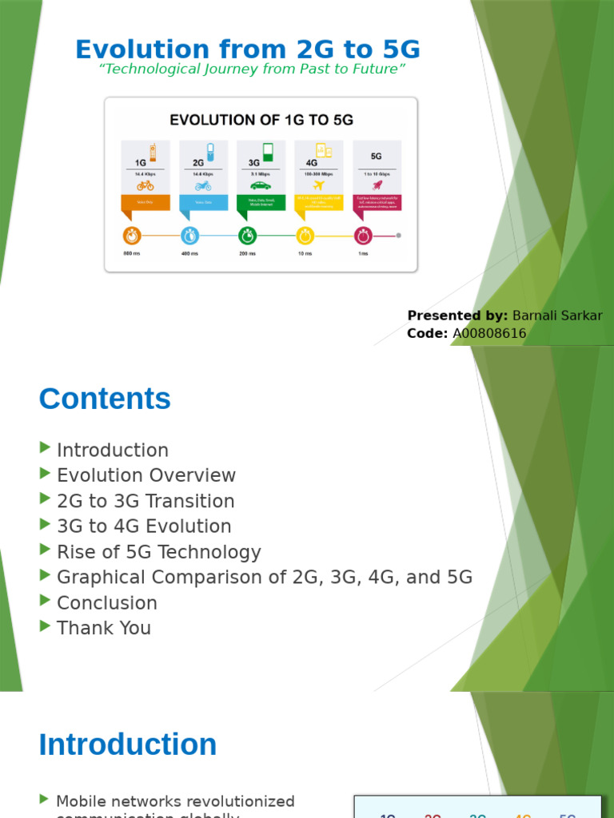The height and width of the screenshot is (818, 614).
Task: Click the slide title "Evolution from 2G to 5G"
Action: click(x=248, y=49)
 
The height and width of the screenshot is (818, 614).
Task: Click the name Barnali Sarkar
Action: click(x=557, y=316)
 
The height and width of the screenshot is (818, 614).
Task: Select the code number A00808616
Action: click(x=488, y=333)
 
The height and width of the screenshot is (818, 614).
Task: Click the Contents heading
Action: click(x=105, y=399)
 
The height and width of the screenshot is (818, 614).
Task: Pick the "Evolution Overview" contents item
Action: click(x=146, y=475)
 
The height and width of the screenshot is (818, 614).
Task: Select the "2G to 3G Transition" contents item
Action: click(x=146, y=501)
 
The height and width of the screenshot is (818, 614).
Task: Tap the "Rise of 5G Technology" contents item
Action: click(x=159, y=552)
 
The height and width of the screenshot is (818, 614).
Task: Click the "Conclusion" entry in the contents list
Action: click(x=107, y=603)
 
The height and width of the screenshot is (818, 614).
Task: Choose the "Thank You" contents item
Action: click(x=104, y=628)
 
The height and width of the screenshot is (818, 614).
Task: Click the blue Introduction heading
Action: click(x=128, y=745)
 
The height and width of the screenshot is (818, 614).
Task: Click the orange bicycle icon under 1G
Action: click(x=145, y=185)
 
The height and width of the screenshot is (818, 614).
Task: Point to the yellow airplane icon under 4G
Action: click(x=318, y=185)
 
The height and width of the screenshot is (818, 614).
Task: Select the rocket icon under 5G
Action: click(x=377, y=185)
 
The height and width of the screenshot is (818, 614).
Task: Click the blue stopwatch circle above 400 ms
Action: click(x=189, y=236)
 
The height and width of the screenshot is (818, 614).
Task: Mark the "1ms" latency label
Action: click(x=363, y=253)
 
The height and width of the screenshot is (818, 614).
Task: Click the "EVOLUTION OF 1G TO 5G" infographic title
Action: click(x=261, y=121)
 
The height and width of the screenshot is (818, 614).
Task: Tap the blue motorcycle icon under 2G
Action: click(x=203, y=185)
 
